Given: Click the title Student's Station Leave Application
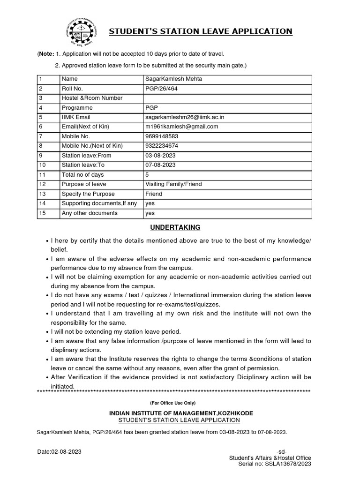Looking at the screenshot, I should tap(201, 31).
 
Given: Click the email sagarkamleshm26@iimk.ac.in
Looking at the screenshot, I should tap(181, 117).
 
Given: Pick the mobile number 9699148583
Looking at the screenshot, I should tap(162, 136).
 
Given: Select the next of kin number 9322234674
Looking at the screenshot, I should tap(162, 146).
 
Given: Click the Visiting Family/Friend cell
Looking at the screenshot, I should tap(173, 184).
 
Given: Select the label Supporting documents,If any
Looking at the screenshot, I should tap(99, 203).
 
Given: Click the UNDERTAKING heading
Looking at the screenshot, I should tap(175, 227).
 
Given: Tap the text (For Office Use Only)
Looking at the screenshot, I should tap(173, 403).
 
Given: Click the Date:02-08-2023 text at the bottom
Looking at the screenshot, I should tap(60, 451).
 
